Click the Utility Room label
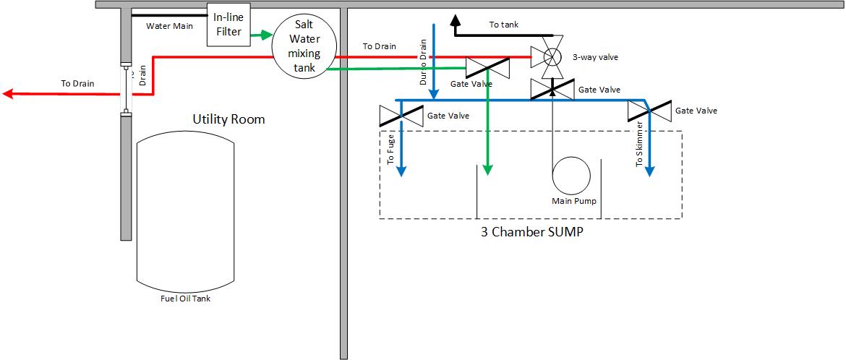pos(228,119)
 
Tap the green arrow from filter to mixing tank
pos(260,34)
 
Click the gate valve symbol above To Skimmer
pos(649,111)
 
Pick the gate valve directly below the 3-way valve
pos(552,90)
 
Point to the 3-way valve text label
pos(595,56)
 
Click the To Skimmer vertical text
pos(639,145)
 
